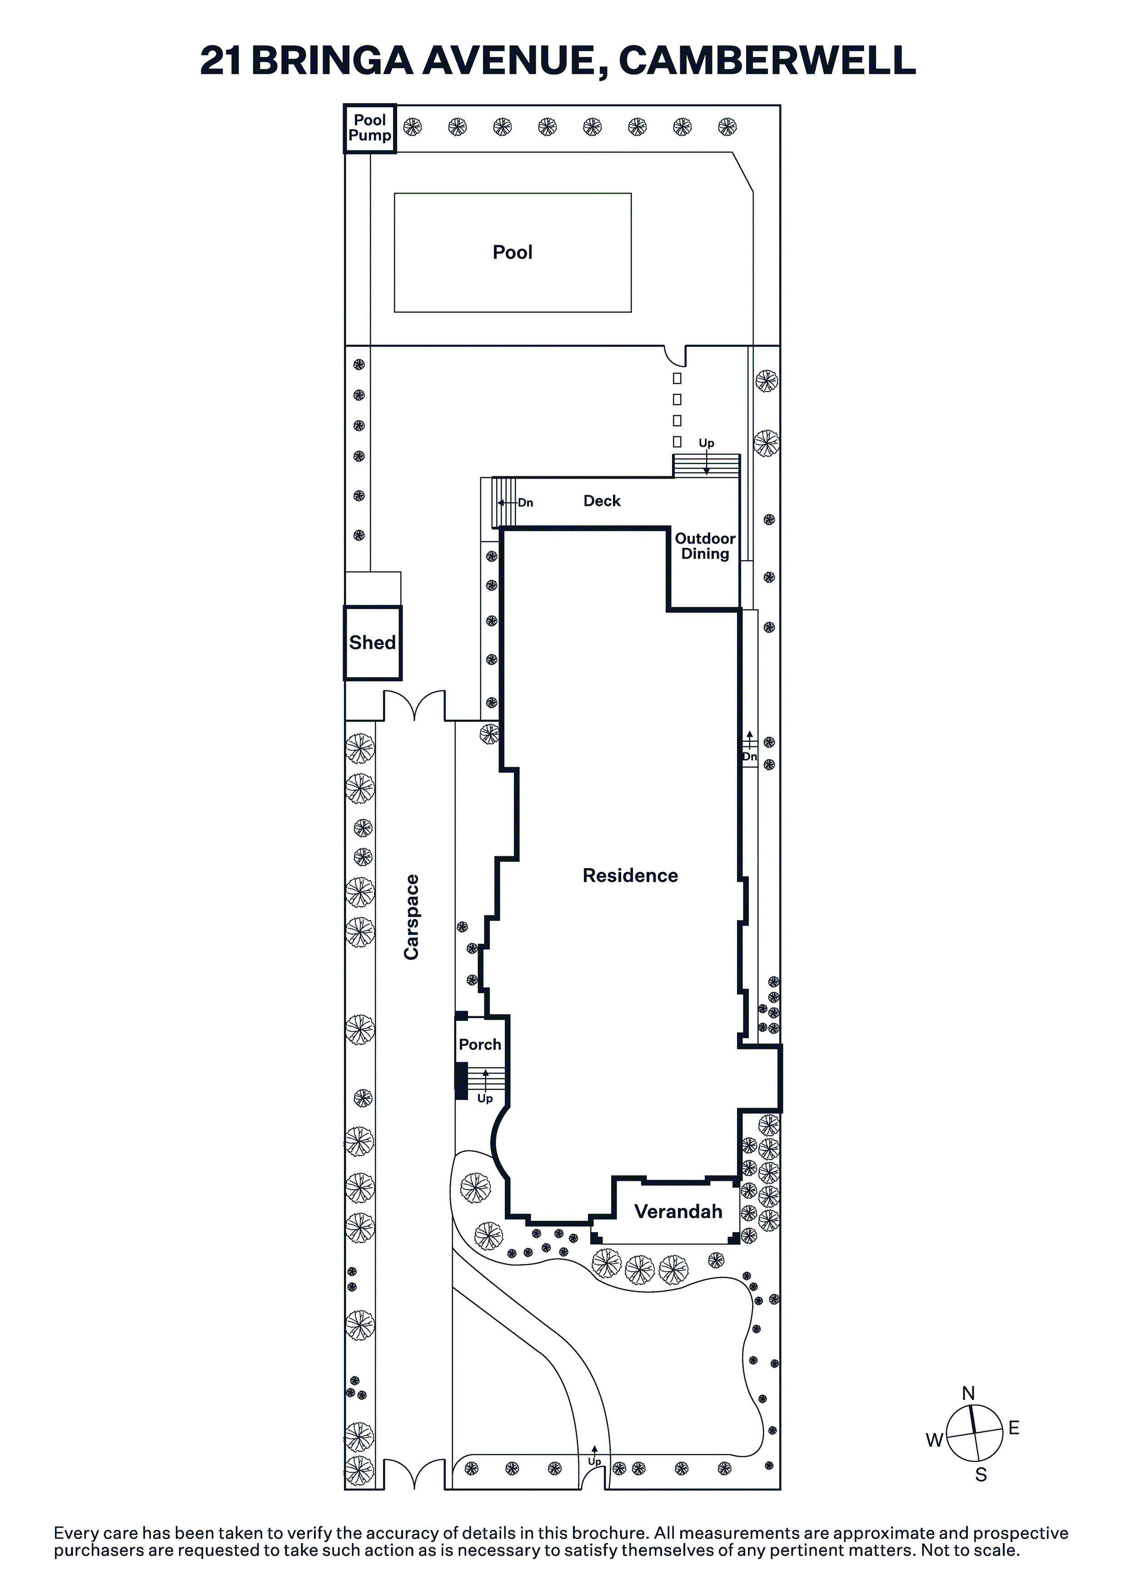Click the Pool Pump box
pos(370,129)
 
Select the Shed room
pos(373,643)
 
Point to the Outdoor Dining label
pos(705,546)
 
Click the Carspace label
pos(412,917)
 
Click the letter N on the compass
pos(968,1394)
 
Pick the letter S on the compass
pos(981,1474)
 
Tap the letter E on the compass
pos(1014,1428)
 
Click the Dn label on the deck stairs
pos(526,503)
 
